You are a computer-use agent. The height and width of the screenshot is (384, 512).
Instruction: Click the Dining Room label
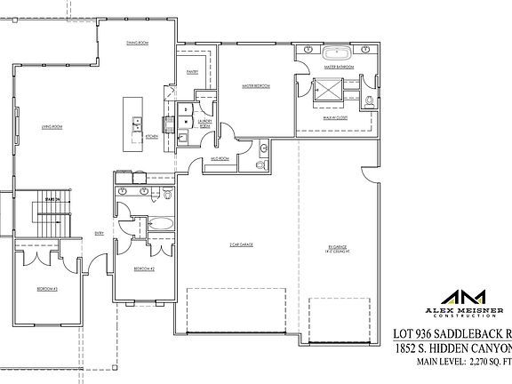[x=136, y=42]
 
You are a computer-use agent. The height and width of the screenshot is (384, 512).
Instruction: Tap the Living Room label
[x=52, y=127]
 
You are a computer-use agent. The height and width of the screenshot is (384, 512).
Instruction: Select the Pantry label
[x=192, y=73]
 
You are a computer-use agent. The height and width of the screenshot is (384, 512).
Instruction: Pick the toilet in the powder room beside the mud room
[x=260, y=165]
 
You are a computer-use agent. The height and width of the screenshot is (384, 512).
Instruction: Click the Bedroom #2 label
[x=144, y=268]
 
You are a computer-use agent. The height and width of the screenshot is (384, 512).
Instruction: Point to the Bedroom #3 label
[x=48, y=290]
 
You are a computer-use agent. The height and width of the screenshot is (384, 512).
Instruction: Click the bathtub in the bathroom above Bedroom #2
[x=161, y=224]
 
